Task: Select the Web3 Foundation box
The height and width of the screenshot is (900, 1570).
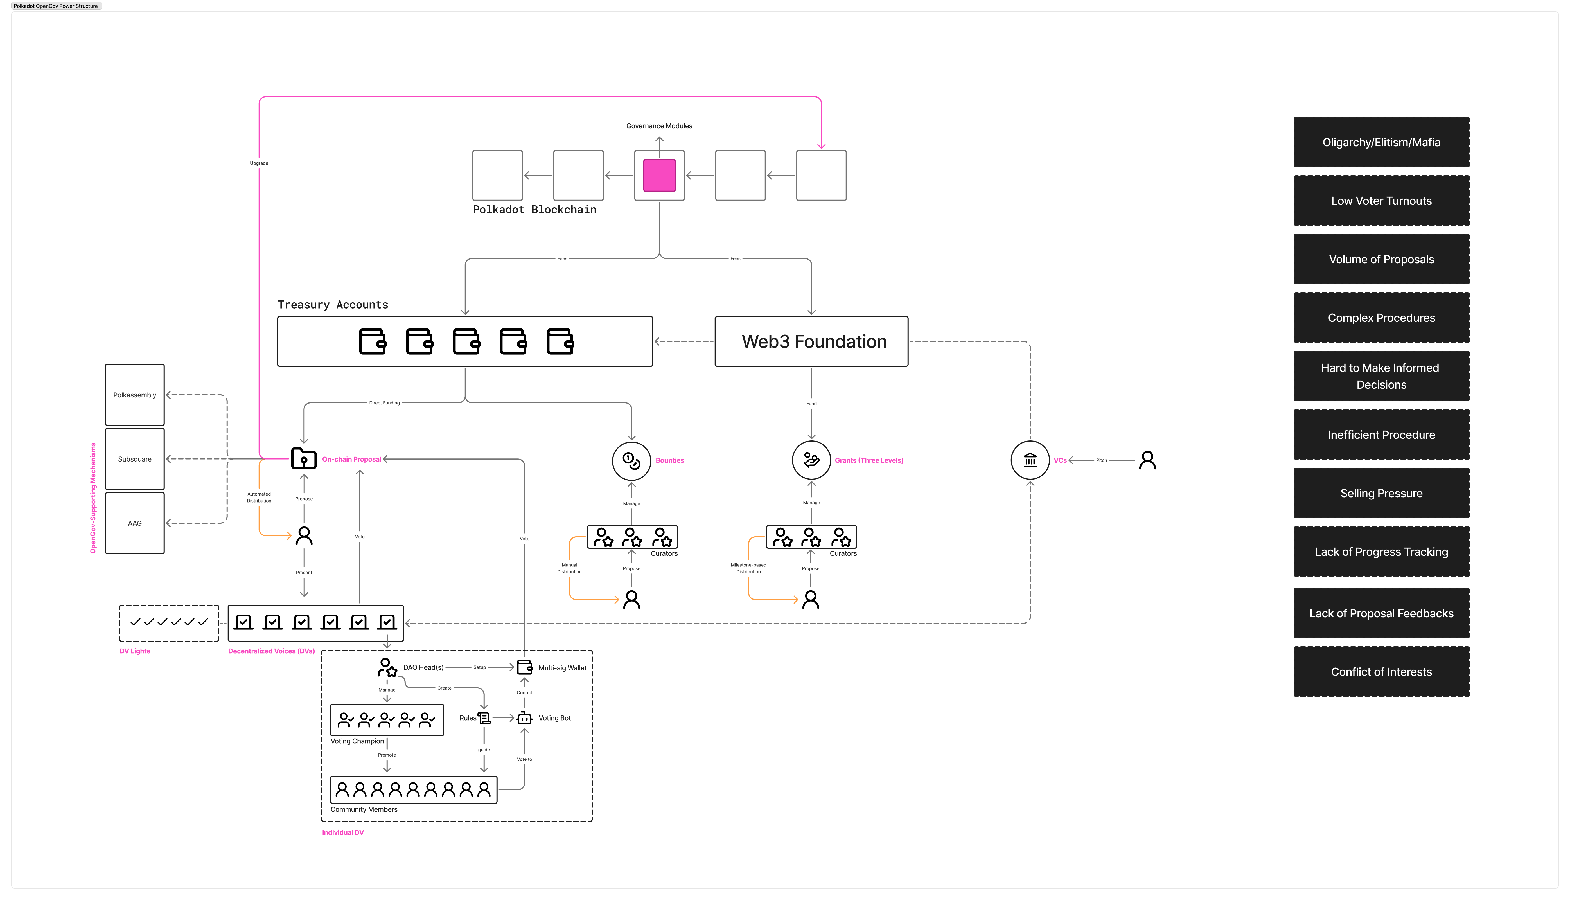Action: pyautogui.click(x=811, y=341)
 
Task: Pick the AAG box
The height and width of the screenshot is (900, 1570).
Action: pyautogui.click(x=135, y=523)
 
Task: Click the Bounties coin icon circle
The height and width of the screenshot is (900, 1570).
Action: pyautogui.click(x=631, y=460)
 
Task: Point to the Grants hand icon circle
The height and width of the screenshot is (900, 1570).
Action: pyautogui.click(x=811, y=460)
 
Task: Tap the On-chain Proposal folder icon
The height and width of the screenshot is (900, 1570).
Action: pyautogui.click(x=304, y=459)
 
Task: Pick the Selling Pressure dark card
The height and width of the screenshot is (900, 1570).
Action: pyautogui.click(x=1382, y=493)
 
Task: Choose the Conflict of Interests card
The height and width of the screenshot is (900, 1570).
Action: pyautogui.click(x=1382, y=672)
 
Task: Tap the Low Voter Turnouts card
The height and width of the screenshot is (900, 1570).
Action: pyautogui.click(x=1382, y=201)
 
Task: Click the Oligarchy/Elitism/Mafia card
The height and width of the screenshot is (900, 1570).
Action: pyautogui.click(x=1382, y=142)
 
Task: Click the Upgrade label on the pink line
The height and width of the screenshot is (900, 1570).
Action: pyautogui.click(x=259, y=163)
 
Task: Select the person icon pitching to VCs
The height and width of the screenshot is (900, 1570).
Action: pyautogui.click(x=1147, y=460)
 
